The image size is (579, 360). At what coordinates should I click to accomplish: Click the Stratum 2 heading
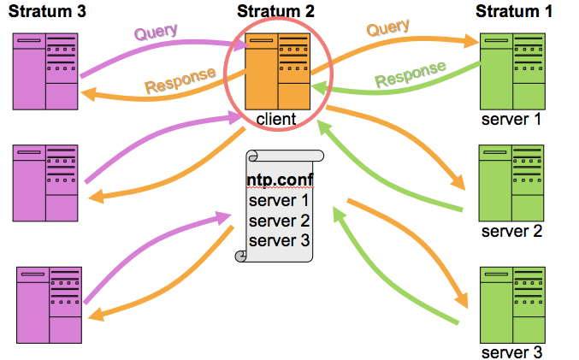pos(276,11)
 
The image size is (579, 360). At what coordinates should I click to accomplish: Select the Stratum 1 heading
pos(514,11)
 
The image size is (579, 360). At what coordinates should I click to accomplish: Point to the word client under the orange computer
pos(276,119)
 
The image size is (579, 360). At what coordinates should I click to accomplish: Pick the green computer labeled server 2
pos(511,184)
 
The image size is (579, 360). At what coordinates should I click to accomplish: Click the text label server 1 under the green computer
pos(511,119)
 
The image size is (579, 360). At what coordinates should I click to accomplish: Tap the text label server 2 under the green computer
pos(511,231)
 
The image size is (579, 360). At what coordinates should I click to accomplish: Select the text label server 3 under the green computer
pos(511,351)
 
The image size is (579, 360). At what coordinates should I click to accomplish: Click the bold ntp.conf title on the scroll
pos(279,181)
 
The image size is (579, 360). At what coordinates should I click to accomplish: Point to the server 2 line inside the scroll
pos(279,221)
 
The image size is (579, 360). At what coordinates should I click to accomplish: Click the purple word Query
pos(156,32)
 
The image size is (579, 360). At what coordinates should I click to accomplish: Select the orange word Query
pos(388,30)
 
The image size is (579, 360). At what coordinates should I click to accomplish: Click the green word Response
pos(411,74)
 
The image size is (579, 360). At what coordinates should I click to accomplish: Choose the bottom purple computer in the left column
pos(50,305)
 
